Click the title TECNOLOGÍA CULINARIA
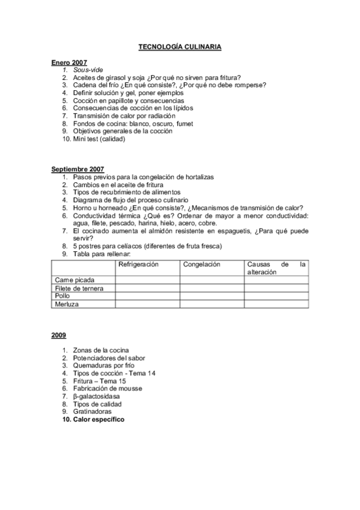coord(180,46)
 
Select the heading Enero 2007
coord(69,62)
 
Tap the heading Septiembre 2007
coord(78,170)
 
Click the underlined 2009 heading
coord(58,334)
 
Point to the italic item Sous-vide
coord(88,70)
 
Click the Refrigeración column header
coord(139,264)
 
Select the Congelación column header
coord(202,264)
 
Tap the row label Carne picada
coord(75,280)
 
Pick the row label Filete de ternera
coord(79,288)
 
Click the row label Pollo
coord(63,296)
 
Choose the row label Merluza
coord(67,304)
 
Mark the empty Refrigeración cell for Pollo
coord(147,296)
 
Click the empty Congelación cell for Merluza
coord(212,304)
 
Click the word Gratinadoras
coord(93,411)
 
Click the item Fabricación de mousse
coord(108,389)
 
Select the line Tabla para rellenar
coord(101,253)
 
